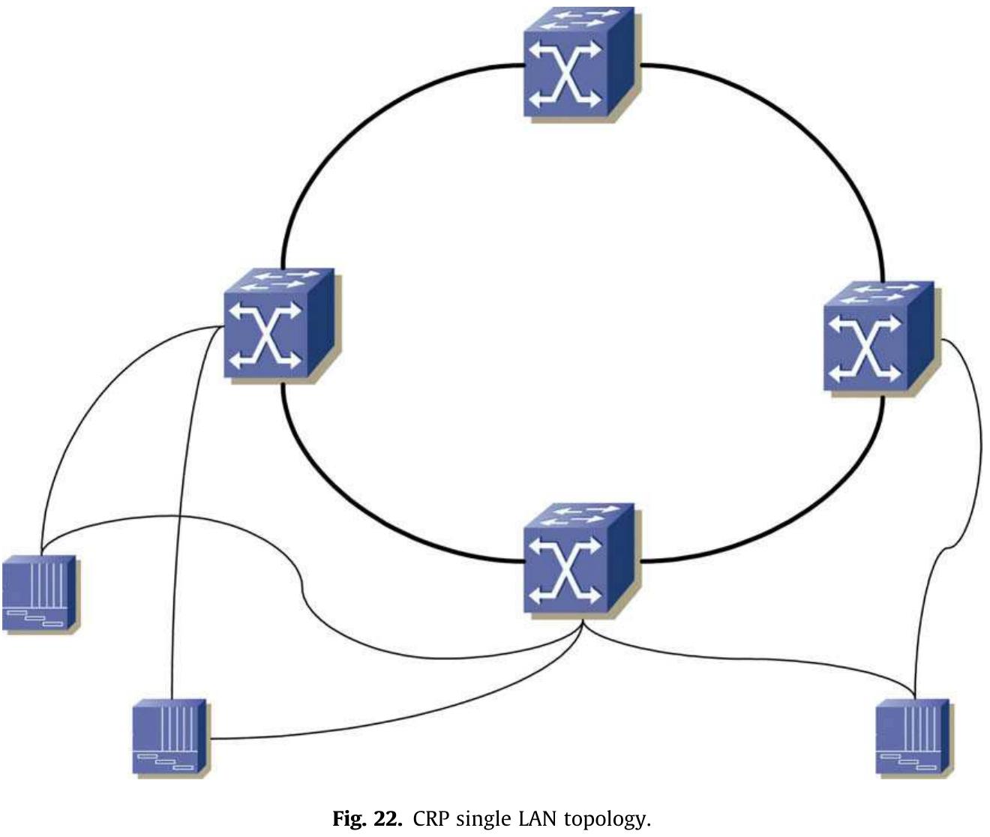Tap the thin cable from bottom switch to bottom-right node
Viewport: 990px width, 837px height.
coord(750,659)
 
